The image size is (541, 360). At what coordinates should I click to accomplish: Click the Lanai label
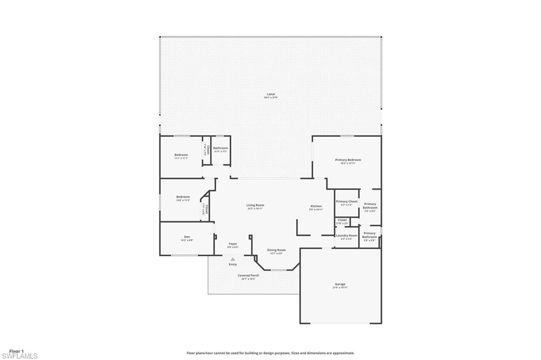click(270, 94)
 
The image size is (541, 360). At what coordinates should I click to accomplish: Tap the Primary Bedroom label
click(348, 159)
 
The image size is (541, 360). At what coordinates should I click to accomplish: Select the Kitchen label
click(316, 206)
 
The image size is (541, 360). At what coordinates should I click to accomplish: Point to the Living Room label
click(255, 205)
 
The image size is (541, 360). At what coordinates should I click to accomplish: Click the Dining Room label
click(276, 250)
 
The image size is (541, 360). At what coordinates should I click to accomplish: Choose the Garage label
click(340, 284)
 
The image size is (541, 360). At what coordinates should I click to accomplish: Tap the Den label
click(186, 236)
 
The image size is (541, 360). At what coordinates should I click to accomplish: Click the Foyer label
click(232, 244)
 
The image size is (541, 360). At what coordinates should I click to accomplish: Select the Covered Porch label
click(248, 275)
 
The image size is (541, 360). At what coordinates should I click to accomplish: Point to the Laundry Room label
click(347, 235)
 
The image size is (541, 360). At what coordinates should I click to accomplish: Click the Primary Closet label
click(347, 201)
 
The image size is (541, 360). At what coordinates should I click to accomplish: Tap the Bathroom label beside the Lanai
click(220, 148)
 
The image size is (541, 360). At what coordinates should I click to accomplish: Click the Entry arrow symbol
click(232, 259)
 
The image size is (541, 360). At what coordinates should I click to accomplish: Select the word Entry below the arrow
click(232, 264)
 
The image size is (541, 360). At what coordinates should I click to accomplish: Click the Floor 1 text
click(16, 351)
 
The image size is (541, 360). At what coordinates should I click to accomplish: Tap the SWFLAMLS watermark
click(20, 356)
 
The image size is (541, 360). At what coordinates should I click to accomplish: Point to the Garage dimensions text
click(340, 288)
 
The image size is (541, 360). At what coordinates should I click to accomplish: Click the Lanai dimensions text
click(270, 98)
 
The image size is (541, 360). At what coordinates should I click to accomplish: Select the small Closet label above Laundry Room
click(342, 220)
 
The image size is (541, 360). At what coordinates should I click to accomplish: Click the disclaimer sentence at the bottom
click(270, 353)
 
